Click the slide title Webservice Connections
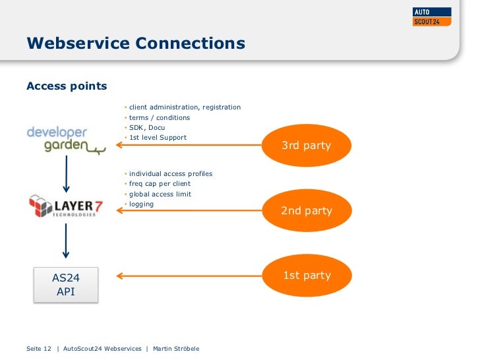(135, 44)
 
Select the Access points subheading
(66, 86)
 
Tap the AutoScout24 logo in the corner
(432, 16)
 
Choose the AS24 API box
(66, 285)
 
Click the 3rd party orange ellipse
(306, 145)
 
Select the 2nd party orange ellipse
(306, 211)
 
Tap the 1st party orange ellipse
(306, 276)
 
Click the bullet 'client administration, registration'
(185, 107)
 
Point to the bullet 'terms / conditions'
(159, 118)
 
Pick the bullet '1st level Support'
(158, 138)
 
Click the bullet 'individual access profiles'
(170, 174)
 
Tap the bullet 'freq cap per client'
(160, 184)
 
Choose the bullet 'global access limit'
(160, 195)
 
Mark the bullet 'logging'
(141, 204)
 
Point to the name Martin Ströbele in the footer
(176, 349)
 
